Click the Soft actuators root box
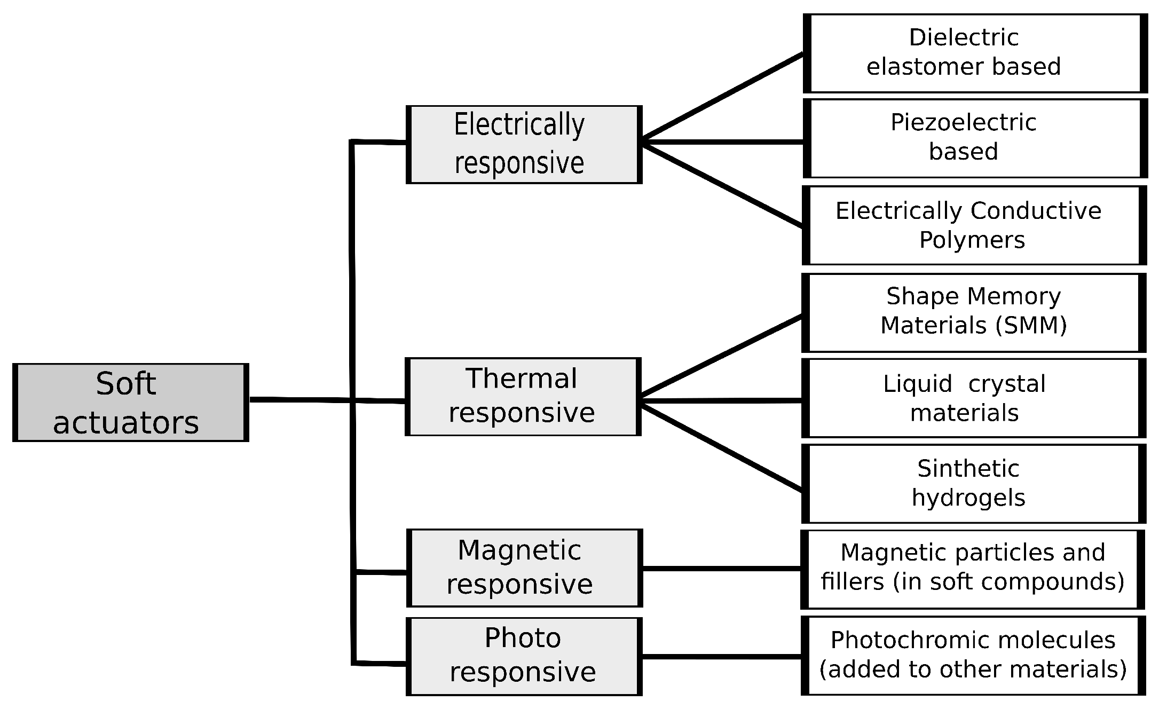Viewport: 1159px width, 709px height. pos(131,403)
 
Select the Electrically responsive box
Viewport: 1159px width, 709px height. pos(524,145)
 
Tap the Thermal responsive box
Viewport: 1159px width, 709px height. pos(523,397)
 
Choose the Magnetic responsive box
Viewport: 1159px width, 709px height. pos(524,568)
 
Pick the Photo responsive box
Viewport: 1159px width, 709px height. pos(524,656)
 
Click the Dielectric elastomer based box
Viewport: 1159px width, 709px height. pos(975,53)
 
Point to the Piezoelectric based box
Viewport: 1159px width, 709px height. pos(975,138)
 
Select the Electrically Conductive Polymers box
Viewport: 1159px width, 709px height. pos(974,225)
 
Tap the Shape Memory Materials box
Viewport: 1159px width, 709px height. pos(973,313)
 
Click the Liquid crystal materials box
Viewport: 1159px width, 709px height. pos(973,398)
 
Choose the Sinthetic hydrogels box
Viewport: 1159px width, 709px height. pos(973,484)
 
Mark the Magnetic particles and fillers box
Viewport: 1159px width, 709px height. pos(973,569)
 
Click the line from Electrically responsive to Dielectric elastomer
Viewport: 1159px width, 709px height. pos(723,96)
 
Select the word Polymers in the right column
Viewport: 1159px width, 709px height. pos(972,240)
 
